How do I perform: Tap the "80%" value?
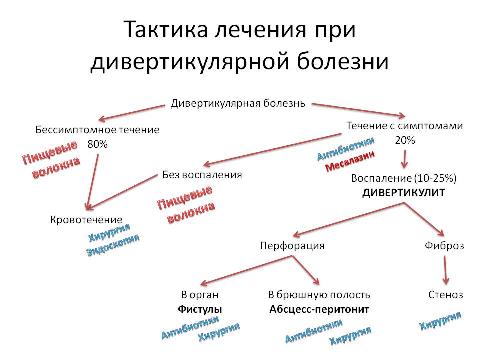point(97,144)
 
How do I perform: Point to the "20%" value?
point(405,140)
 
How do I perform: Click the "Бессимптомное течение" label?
point(98,130)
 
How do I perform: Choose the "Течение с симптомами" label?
point(405,126)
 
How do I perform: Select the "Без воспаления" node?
point(202,175)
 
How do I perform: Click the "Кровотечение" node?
point(86,220)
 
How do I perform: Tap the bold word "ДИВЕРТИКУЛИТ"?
point(404,192)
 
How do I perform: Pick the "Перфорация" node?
point(292,246)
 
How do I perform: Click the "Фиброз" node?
point(444,246)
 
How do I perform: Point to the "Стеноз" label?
point(445,295)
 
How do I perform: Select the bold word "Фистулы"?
point(200,309)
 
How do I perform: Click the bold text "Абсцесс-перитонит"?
point(319,309)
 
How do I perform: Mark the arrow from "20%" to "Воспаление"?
point(405,159)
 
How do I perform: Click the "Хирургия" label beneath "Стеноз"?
point(440,320)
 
